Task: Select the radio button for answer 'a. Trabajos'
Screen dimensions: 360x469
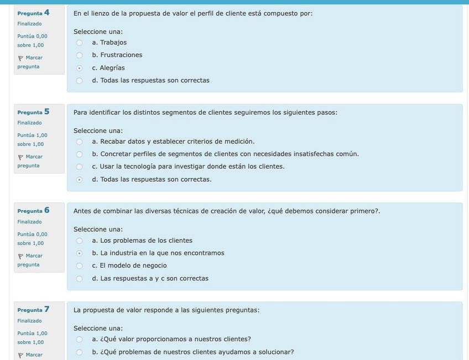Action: pyautogui.click(x=79, y=43)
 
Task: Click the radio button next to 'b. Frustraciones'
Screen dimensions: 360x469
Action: pyautogui.click(x=79, y=55)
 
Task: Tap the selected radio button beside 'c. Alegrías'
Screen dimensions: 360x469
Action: pyautogui.click(x=79, y=68)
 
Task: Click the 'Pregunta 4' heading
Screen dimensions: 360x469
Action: pyautogui.click(x=33, y=13)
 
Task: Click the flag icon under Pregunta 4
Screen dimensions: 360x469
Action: pyautogui.click(x=20, y=58)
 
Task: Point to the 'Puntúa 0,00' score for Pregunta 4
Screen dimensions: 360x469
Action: pyautogui.click(x=32, y=36)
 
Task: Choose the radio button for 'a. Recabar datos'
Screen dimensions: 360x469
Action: pyautogui.click(x=79, y=142)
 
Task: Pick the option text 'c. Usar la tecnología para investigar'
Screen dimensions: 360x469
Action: pyautogui.click(x=188, y=166)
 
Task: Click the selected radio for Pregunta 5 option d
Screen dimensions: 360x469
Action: pyautogui.click(x=79, y=180)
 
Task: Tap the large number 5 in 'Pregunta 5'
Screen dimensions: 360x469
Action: pyautogui.click(x=47, y=112)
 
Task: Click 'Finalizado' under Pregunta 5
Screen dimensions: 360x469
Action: pyautogui.click(x=29, y=123)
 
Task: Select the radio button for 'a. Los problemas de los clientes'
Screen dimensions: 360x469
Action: pyautogui.click(x=79, y=241)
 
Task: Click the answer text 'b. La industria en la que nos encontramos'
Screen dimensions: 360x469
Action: pyautogui.click(x=158, y=253)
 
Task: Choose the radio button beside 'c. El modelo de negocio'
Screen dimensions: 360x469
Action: pyautogui.click(x=79, y=266)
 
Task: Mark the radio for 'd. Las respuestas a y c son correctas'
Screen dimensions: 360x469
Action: pyautogui.click(x=79, y=279)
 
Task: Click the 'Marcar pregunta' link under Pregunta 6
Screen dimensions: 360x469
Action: pyautogui.click(x=30, y=260)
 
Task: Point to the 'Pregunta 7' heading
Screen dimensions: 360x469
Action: pyautogui.click(x=33, y=310)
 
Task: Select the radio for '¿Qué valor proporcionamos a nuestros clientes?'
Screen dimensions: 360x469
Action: pyautogui.click(x=79, y=340)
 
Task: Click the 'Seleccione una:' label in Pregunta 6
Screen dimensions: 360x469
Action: pyautogui.click(x=98, y=229)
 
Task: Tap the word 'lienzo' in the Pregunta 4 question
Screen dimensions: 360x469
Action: pyautogui.click(x=100, y=13)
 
